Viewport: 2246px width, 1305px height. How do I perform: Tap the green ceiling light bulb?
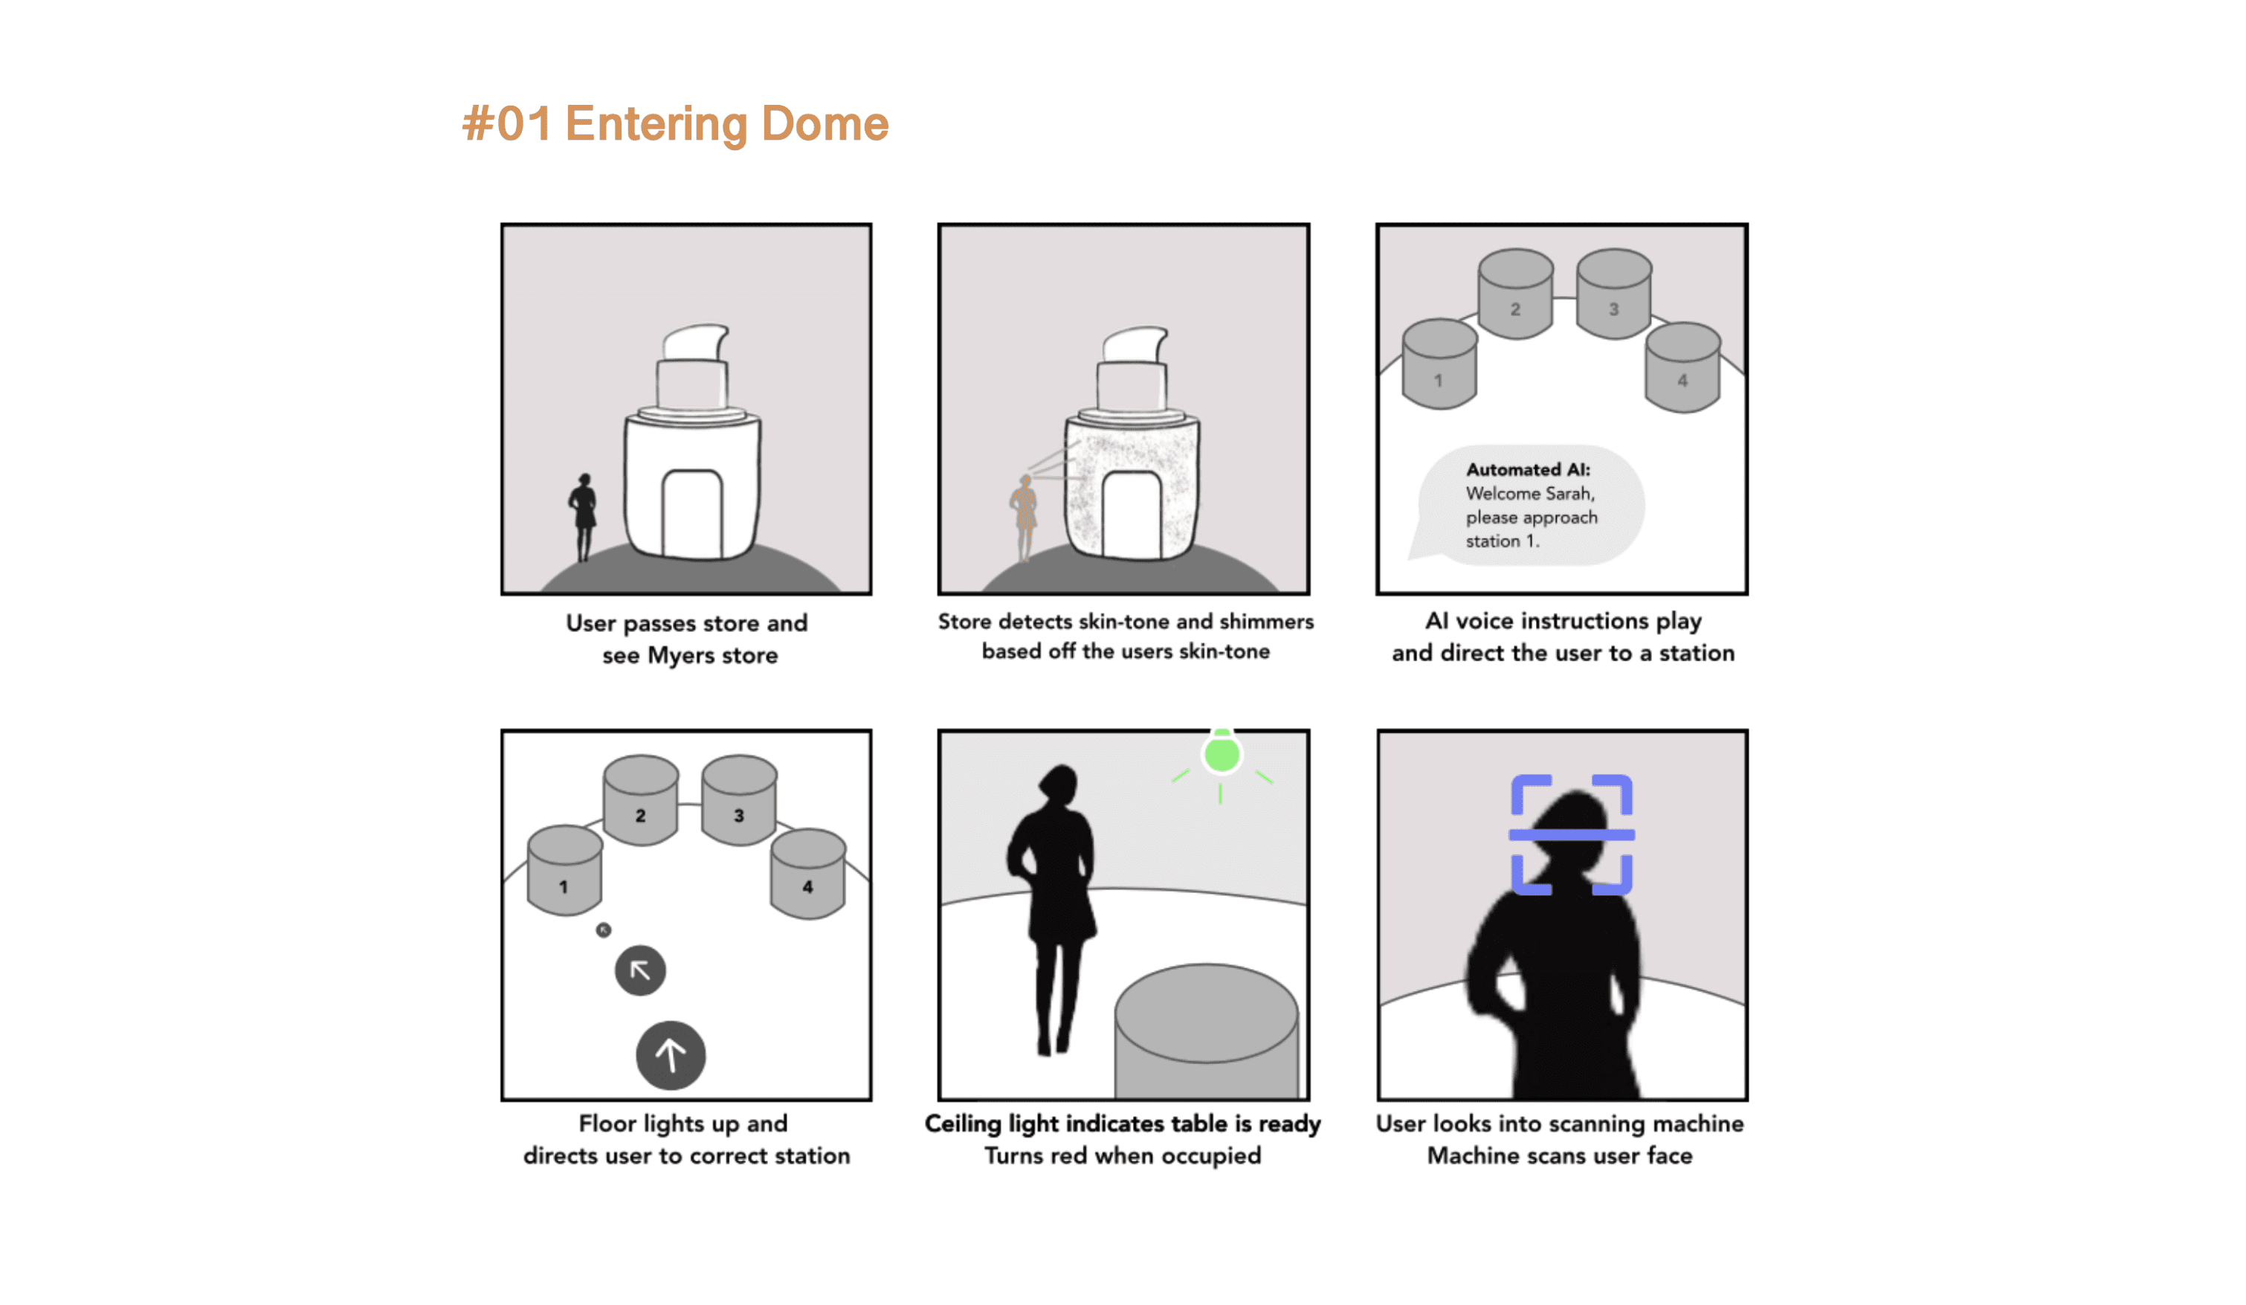pos(1221,754)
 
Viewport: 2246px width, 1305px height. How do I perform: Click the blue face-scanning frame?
pos(1572,834)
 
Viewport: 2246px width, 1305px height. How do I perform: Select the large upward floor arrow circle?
pos(671,1054)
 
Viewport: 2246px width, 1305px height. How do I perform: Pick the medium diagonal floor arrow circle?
pos(640,970)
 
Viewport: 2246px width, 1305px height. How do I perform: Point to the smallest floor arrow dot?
pos(604,929)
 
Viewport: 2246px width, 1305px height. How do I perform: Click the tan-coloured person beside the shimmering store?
pos(1025,517)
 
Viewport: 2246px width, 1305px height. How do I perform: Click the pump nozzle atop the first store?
pos(695,341)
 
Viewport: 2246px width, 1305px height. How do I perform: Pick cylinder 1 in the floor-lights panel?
pos(564,869)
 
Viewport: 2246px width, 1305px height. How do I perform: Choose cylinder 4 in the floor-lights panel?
pos(807,874)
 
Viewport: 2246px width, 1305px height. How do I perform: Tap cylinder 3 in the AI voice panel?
pos(1613,294)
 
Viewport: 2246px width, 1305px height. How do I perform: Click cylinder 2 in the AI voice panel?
pos(1515,294)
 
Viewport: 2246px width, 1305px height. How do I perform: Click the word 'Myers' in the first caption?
pos(680,655)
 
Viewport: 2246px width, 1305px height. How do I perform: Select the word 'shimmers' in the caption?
pos(1267,622)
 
